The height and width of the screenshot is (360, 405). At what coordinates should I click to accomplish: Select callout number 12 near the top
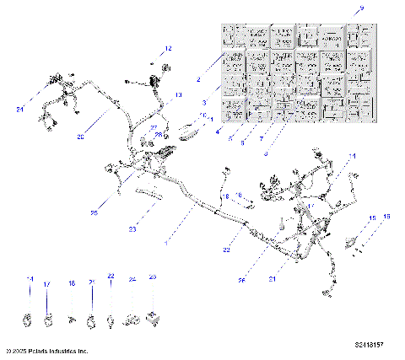[x=168, y=49]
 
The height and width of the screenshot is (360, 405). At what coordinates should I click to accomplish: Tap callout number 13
[x=178, y=95]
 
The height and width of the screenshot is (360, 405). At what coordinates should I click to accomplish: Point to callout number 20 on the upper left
[x=81, y=137]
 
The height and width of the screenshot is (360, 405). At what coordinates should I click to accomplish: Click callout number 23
[x=132, y=228]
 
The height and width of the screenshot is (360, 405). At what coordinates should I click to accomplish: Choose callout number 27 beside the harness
[x=154, y=127]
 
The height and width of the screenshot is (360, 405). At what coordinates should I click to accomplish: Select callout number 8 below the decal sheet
[x=267, y=153]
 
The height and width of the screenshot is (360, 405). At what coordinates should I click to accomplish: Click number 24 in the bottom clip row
[x=132, y=277]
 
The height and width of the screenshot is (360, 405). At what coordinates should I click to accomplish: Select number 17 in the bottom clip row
[x=48, y=284]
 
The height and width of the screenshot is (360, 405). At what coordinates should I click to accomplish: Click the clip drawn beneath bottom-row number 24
[x=132, y=320]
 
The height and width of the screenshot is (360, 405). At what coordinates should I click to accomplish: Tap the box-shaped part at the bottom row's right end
[x=153, y=319]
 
